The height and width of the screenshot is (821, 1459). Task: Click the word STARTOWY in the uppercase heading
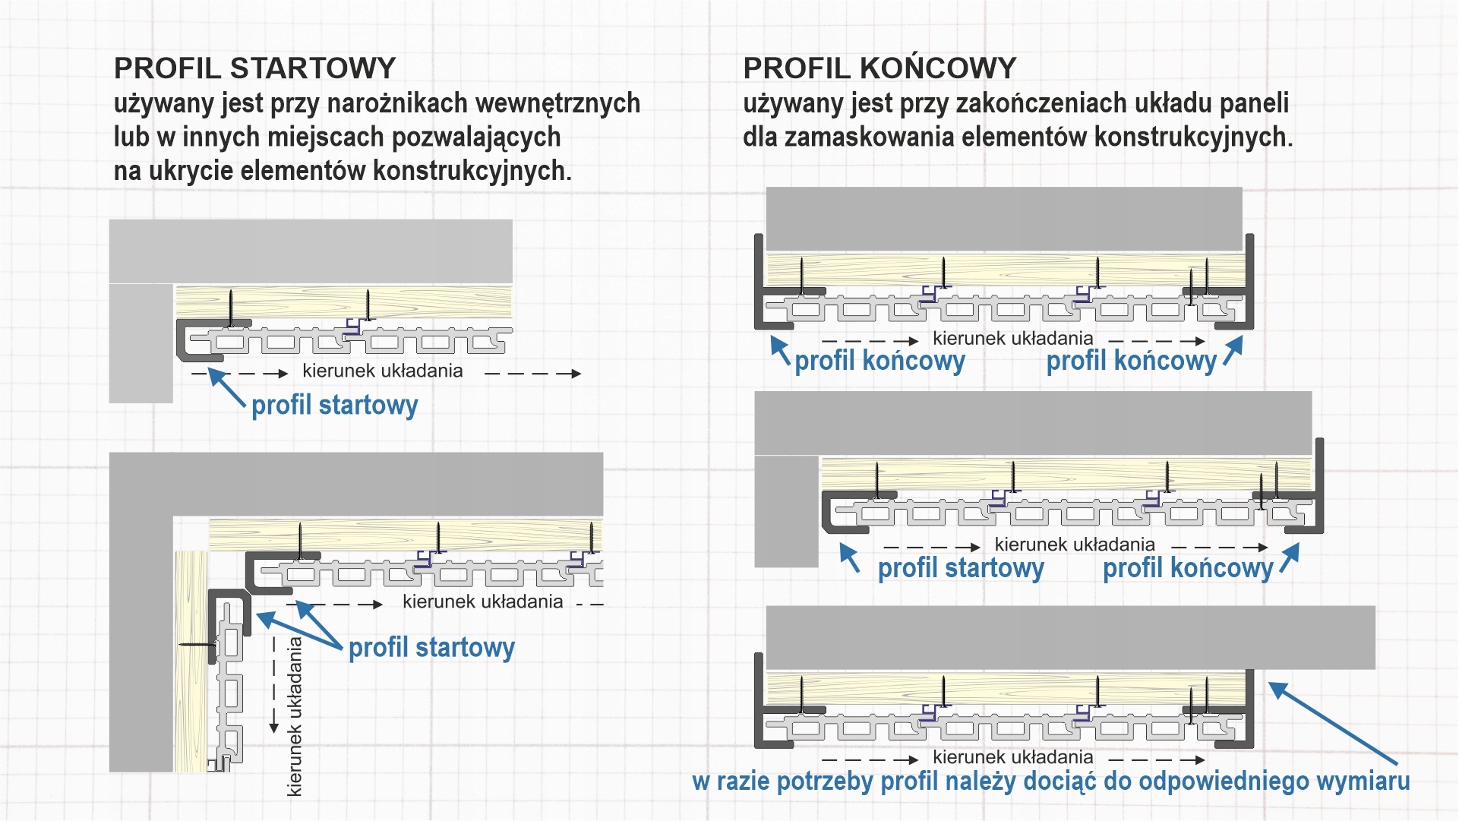tap(312, 68)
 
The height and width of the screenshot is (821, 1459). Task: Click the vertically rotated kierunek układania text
tap(295, 716)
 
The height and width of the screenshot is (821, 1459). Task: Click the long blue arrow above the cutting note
tap(1332, 722)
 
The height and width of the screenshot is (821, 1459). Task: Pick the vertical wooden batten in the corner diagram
tap(191, 661)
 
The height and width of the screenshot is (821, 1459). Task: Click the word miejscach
tap(327, 137)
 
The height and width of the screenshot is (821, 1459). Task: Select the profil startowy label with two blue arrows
tap(431, 647)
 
